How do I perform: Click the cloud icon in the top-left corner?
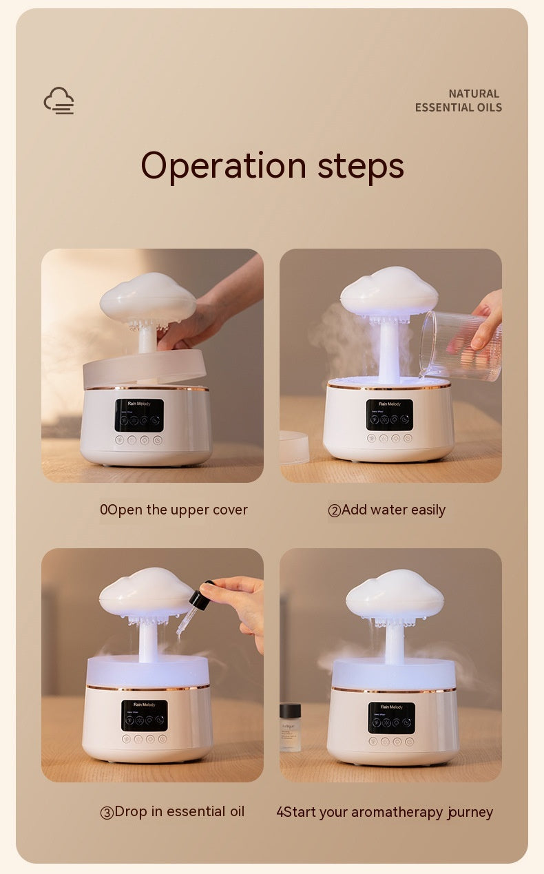pos(59,101)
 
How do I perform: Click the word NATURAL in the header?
pos(474,94)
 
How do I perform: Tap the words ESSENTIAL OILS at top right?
pos(458,107)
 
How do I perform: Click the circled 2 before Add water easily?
pos(335,510)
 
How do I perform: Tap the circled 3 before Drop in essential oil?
pos(107,813)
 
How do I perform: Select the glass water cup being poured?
pos(459,344)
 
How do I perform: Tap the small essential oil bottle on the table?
pos(290,727)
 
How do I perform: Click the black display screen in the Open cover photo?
pos(139,415)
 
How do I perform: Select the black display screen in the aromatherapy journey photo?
pos(391,718)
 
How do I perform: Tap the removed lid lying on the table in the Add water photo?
pos(294,446)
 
